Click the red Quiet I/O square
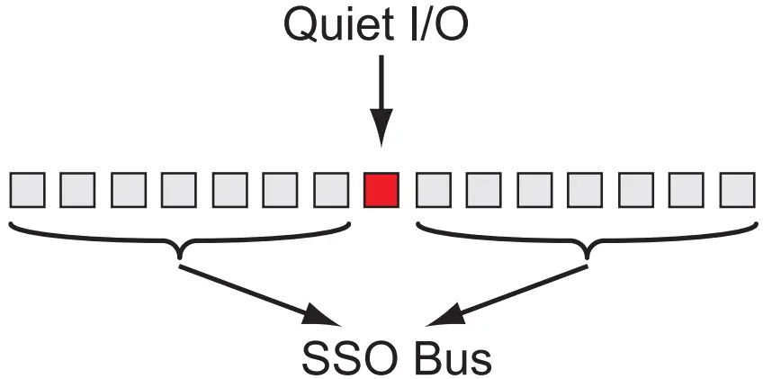[x=381, y=190]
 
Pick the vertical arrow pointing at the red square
[x=381, y=99]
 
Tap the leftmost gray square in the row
[x=27, y=190]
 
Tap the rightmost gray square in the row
[x=737, y=190]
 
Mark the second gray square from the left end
[x=77, y=190]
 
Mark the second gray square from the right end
[x=687, y=190]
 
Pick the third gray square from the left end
[x=128, y=190]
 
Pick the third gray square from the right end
[x=635, y=190]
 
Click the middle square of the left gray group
[x=179, y=190]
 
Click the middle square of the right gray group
[x=585, y=190]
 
